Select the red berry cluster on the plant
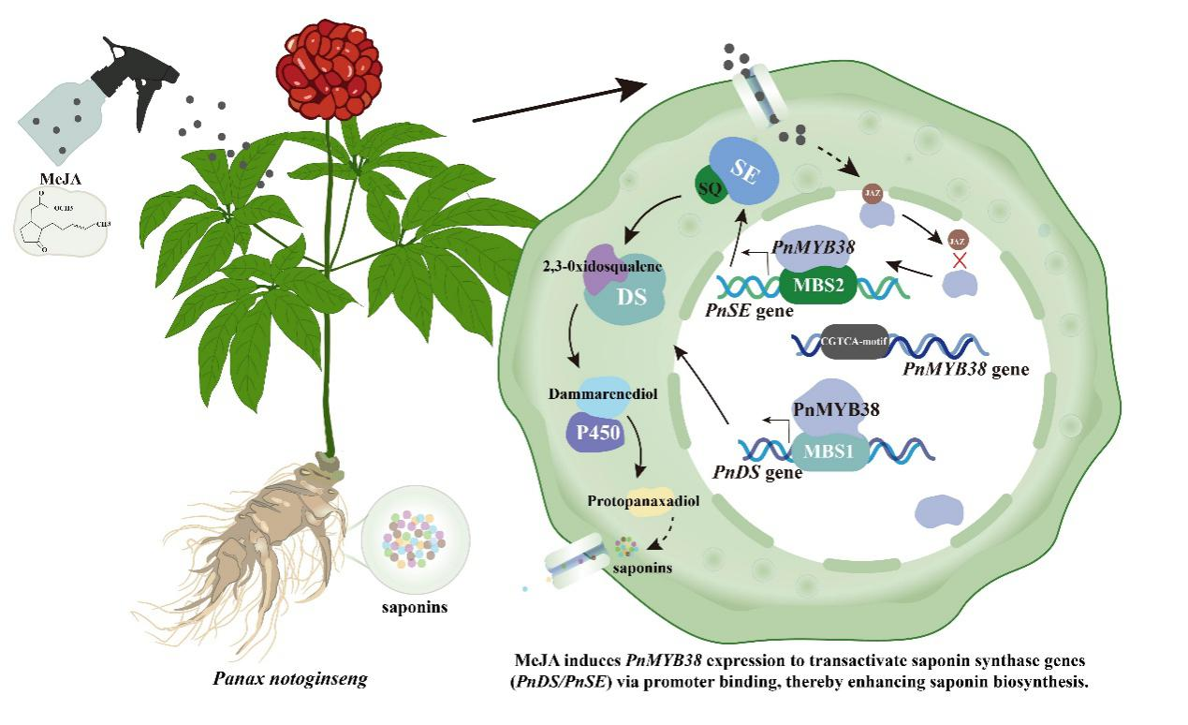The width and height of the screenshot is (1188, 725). pyautogui.click(x=329, y=71)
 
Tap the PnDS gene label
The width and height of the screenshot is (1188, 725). pyautogui.click(x=757, y=473)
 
